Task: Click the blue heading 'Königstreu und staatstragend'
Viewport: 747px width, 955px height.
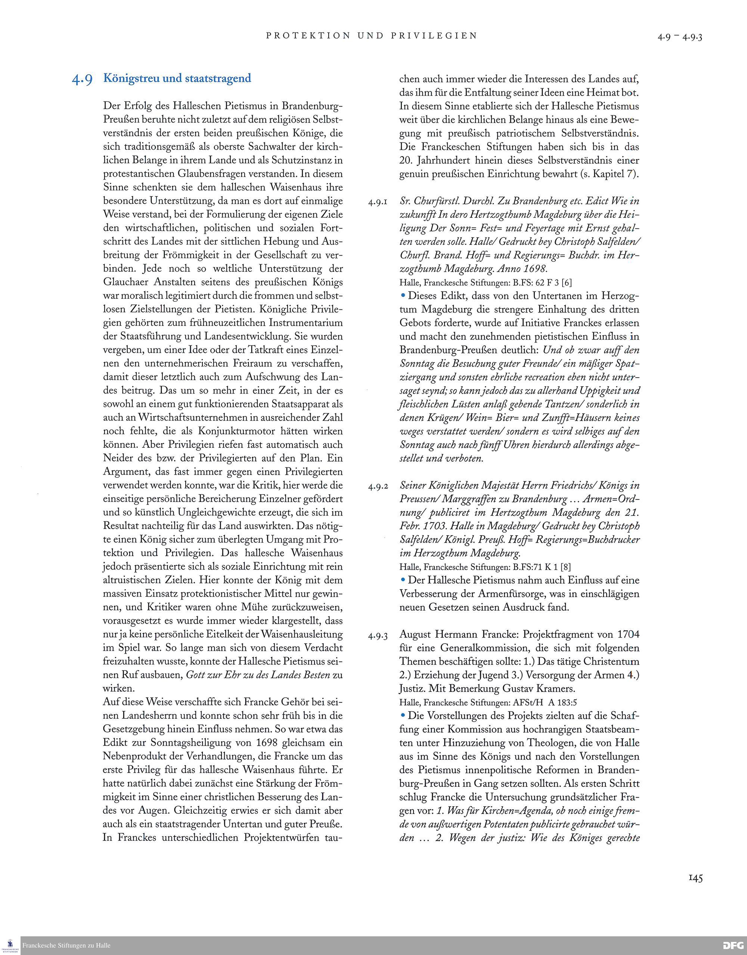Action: click(x=177, y=79)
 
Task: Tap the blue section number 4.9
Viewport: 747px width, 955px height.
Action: click(x=82, y=80)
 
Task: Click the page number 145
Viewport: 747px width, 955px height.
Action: click(x=695, y=878)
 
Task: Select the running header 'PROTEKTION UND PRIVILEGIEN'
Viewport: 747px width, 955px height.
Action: click(x=371, y=36)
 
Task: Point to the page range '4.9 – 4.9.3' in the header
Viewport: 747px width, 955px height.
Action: click(x=680, y=37)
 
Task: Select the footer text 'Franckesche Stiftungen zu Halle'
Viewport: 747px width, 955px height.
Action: click(x=66, y=945)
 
